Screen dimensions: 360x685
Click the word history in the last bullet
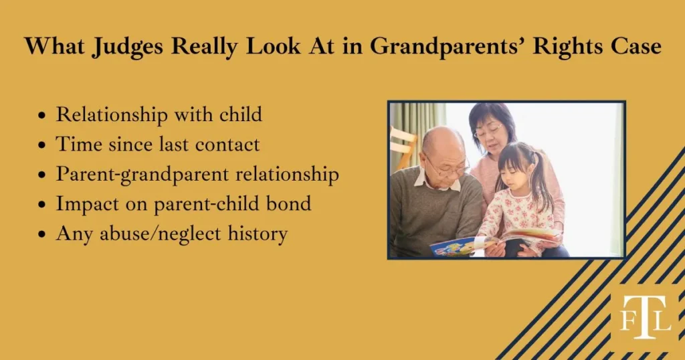point(258,234)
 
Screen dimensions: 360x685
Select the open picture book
point(495,241)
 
